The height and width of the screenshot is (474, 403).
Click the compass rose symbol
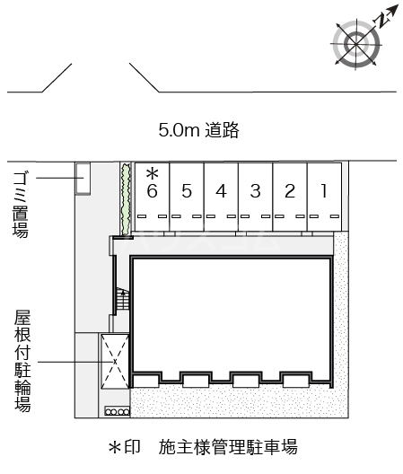pos(354,42)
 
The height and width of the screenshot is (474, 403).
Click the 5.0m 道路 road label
pos(198,131)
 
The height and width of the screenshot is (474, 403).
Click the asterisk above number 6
pos(152,172)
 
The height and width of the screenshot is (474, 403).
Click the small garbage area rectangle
pos(82,178)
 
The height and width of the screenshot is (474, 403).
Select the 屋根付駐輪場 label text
pos(22,361)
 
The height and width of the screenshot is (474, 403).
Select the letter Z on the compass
pos(385,15)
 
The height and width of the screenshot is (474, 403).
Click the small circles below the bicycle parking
pos(118,411)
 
